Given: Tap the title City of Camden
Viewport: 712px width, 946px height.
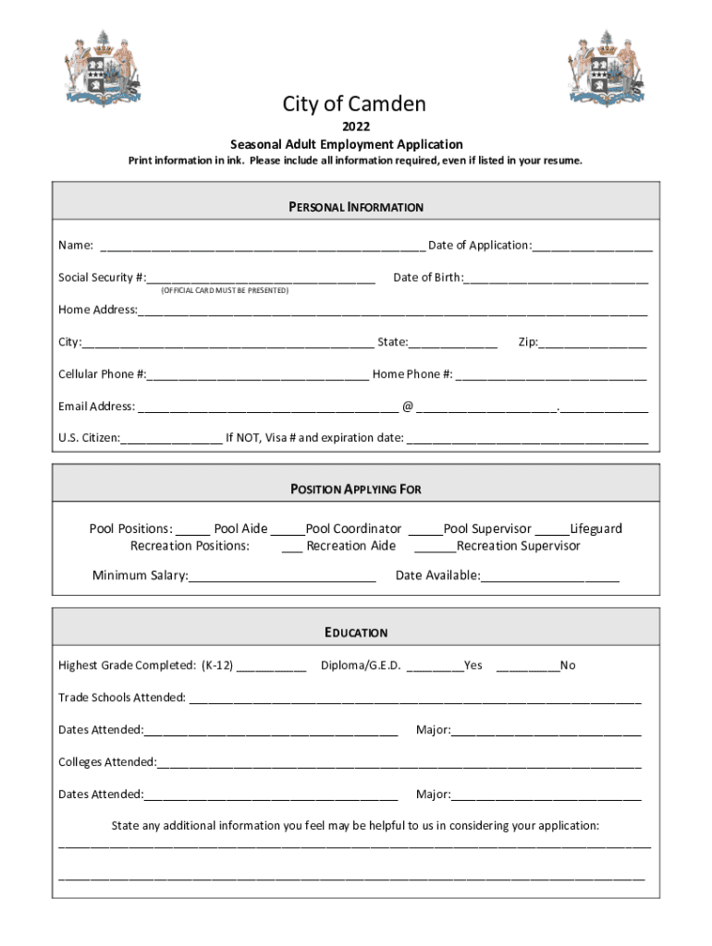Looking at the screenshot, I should pos(354,104).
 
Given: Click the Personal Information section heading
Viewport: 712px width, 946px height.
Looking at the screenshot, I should pos(356,207).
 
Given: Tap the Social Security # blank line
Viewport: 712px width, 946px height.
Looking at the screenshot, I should pos(261,279).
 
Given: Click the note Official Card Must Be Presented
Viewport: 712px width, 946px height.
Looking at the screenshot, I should pos(225,291).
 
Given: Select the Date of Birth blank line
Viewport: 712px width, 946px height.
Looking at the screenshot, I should pos(557,279).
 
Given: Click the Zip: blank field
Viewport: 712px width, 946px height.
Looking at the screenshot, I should pos(593,344).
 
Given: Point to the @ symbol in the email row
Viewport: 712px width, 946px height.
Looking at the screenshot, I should pos(407,406).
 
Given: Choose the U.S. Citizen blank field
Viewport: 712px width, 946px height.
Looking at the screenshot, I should pos(171,439).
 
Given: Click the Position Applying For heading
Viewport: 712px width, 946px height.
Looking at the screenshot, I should pos(356,489).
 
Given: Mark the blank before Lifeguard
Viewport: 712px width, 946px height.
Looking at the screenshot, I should pos(552,530).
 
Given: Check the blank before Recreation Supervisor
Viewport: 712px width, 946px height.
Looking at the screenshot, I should pos(435,547).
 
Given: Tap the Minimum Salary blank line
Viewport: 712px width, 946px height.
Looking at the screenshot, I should pos(282,577).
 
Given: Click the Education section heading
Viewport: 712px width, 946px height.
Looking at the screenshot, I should pos(356,633).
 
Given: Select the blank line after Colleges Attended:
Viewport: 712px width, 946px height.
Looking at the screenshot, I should pos(399,764).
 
